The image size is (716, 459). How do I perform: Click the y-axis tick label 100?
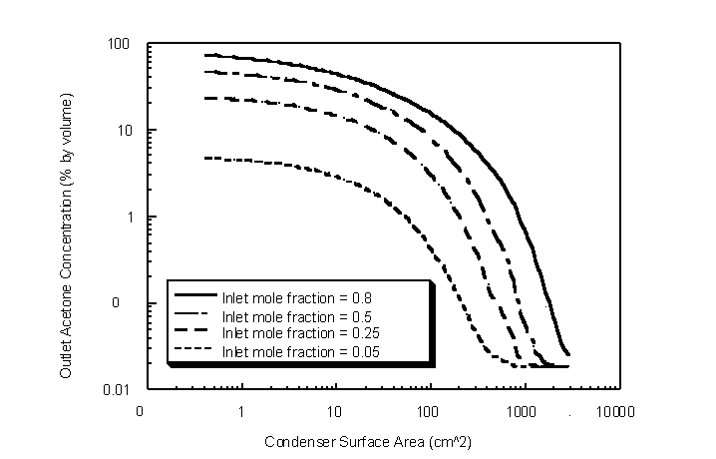(120, 45)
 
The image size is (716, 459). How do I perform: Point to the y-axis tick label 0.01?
(117, 389)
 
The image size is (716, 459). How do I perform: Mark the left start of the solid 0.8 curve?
(204, 56)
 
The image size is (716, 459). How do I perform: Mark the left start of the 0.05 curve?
(204, 158)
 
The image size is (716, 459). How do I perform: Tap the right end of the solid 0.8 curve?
(568, 354)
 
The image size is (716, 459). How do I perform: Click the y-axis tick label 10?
(124, 131)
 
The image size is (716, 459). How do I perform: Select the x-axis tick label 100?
(431, 411)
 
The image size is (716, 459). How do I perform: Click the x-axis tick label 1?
(241, 411)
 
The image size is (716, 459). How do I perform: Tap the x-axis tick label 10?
(336, 411)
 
